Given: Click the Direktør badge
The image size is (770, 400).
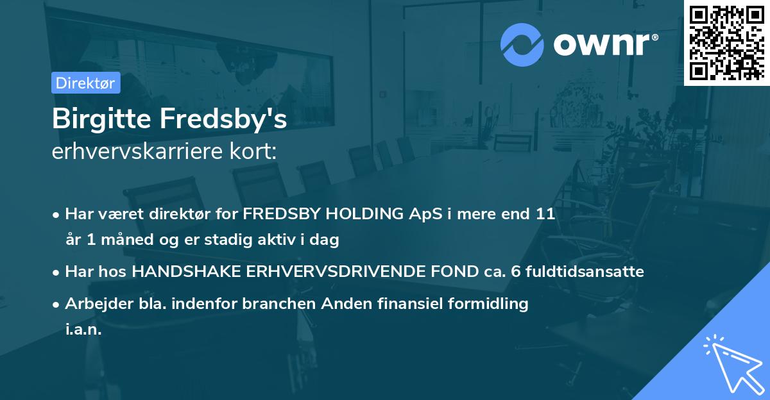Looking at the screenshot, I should click(85, 83).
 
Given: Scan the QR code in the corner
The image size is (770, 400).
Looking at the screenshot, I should click(726, 42).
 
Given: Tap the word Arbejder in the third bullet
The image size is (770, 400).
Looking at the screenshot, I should click(96, 304).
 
